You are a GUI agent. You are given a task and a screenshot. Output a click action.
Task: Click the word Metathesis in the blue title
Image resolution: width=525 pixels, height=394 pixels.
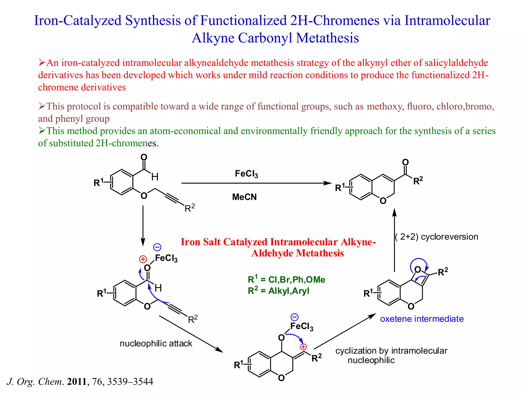click(327, 38)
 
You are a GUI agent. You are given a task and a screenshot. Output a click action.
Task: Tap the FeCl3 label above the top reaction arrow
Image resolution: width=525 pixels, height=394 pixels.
click(246, 174)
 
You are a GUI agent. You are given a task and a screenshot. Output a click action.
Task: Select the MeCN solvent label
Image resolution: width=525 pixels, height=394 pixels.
click(244, 197)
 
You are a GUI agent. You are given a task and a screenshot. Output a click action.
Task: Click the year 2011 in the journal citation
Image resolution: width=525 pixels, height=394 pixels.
click(77, 382)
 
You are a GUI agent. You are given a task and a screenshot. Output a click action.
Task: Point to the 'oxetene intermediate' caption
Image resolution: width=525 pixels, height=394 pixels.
click(422, 319)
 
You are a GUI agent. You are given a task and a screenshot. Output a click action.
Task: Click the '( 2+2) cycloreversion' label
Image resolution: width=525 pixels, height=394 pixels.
click(437, 237)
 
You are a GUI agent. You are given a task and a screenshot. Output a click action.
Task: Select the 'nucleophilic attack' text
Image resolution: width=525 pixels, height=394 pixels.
click(156, 343)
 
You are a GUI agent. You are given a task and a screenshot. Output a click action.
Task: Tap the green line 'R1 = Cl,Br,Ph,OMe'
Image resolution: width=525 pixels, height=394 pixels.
click(286, 279)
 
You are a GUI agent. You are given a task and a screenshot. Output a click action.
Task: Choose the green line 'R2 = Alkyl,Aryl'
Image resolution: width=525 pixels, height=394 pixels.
click(278, 291)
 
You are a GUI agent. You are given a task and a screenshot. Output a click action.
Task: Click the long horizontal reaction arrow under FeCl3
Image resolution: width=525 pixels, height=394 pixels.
click(256, 183)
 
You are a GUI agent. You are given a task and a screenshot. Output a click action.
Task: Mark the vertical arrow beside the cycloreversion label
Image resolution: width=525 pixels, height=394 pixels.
click(395, 240)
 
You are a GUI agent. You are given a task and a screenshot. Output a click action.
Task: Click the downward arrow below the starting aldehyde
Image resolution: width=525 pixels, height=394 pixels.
click(143, 226)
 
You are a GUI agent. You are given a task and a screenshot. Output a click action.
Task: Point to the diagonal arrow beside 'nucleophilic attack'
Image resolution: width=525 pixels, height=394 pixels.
click(191, 334)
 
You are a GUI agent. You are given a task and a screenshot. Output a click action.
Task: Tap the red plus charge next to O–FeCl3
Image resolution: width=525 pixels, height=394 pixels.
click(143, 259)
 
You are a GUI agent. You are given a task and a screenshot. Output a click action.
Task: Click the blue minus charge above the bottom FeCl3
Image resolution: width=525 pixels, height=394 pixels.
click(295, 317)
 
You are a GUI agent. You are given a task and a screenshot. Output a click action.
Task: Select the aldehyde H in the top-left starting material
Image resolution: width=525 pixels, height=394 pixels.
click(155, 177)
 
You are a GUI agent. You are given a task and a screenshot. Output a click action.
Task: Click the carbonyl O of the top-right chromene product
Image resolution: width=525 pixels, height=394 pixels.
click(405, 162)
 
